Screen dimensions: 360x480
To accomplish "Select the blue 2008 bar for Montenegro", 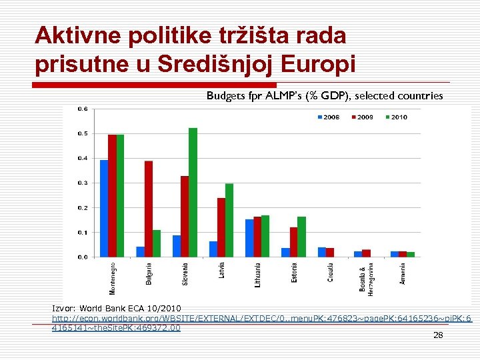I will click(104, 208).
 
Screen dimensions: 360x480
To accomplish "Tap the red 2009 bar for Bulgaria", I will click(148, 209).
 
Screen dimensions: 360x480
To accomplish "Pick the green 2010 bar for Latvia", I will click(229, 220).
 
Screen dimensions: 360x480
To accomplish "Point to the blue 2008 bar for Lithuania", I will click(249, 238).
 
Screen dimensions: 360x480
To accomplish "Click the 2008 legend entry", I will click(327, 117).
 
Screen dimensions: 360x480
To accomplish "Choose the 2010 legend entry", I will click(395, 117).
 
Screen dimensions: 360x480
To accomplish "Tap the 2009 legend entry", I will click(361, 117).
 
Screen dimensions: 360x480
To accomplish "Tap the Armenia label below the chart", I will click(403, 273).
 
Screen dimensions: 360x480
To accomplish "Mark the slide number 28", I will click(438, 335).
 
